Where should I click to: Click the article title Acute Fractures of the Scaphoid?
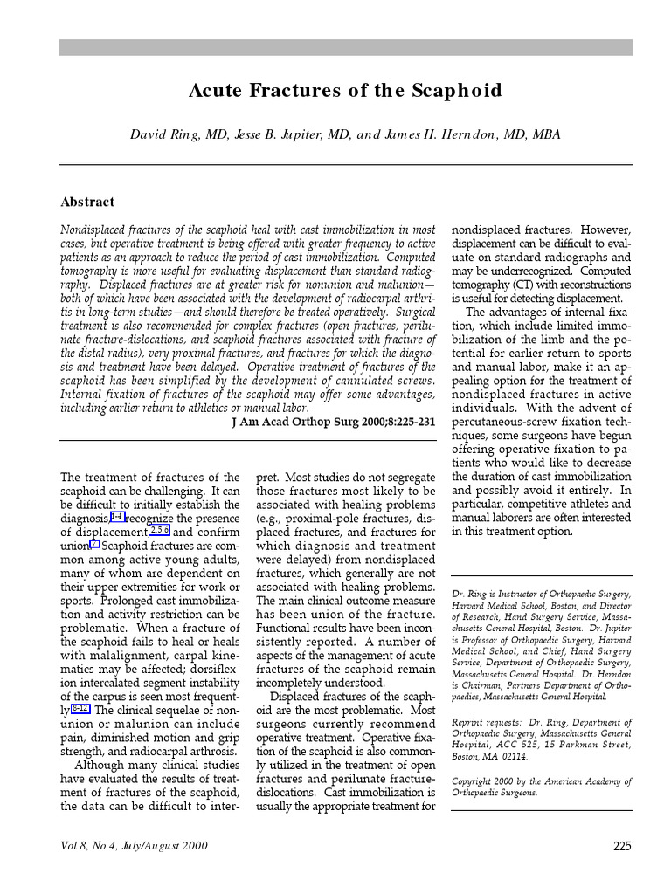tap(346, 91)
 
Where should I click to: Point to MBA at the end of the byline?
tap(545, 134)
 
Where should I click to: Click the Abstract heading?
tap(87, 202)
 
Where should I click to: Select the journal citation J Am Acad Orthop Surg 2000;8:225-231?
tap(333, 421)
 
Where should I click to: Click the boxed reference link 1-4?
tap(117, 518)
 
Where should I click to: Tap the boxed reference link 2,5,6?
tap(160, 531)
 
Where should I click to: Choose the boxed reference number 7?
tap(95, 545)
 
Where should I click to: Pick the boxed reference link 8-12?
tap(80, 708)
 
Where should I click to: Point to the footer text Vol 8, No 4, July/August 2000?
tap(135, 846)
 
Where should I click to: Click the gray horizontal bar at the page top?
tap(346, 47)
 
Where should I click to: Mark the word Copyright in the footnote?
tap(475, 781)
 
